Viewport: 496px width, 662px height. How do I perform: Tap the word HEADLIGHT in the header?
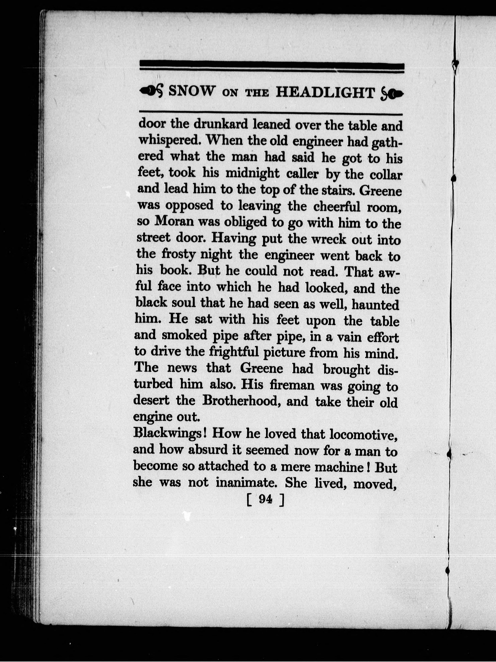pyautogui.click(x=325, y=92)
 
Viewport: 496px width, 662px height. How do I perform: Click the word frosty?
pyautogui.click(x=179, y=255)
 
